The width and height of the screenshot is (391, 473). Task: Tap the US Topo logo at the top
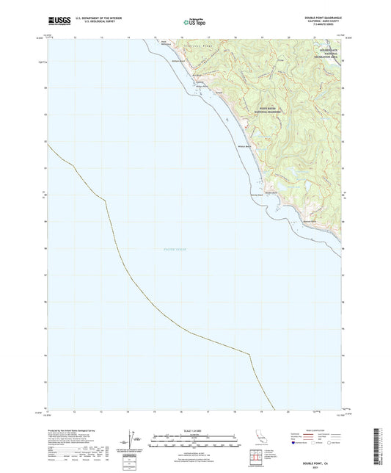coord(195,22)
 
